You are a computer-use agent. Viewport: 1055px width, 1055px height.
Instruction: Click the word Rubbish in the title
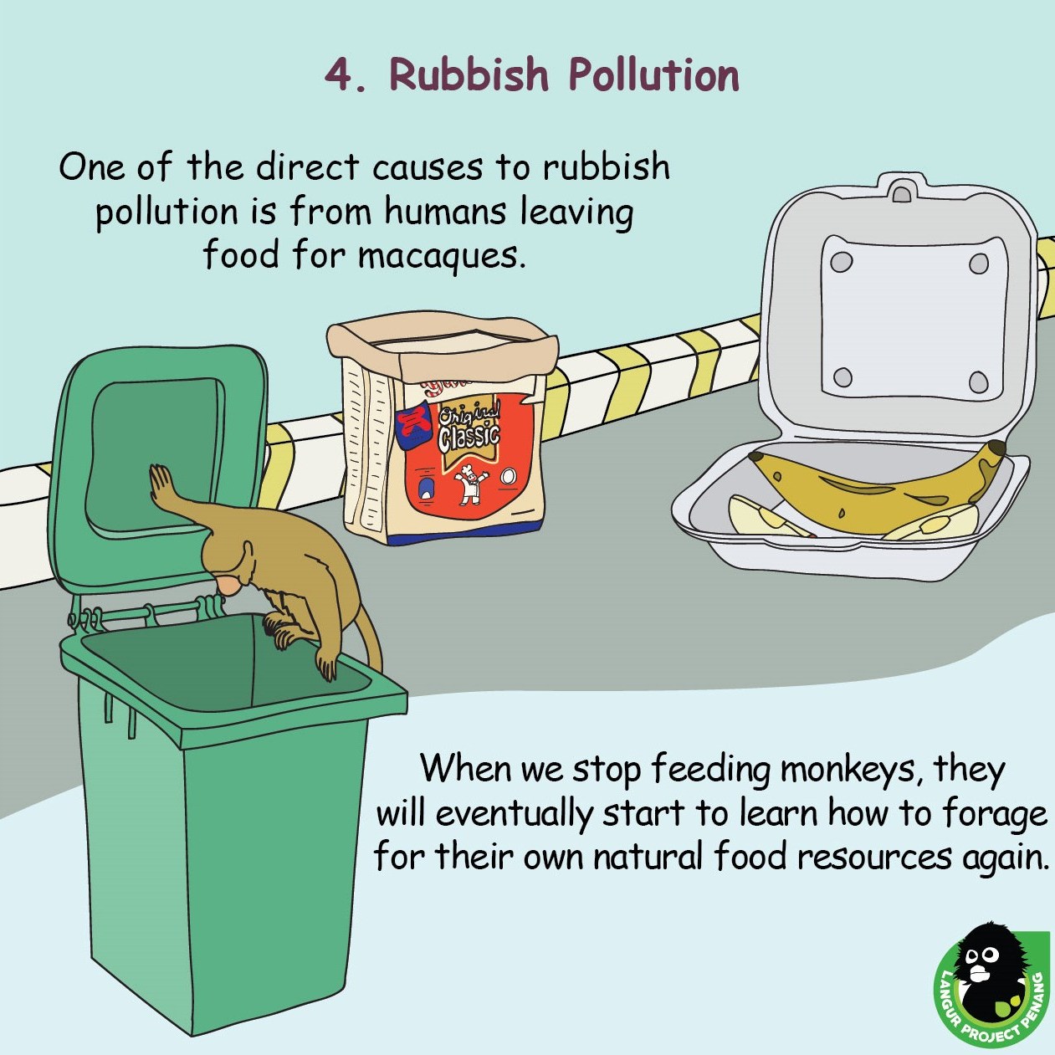tap(468, 74)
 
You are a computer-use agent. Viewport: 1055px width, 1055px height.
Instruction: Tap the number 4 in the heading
tap(338, 75)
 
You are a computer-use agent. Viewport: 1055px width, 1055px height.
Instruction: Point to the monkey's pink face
tap(228, 585)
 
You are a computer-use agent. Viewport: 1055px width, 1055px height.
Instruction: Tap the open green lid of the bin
tap(159, 471)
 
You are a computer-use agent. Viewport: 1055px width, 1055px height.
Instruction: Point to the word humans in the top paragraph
tap(444, 212)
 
